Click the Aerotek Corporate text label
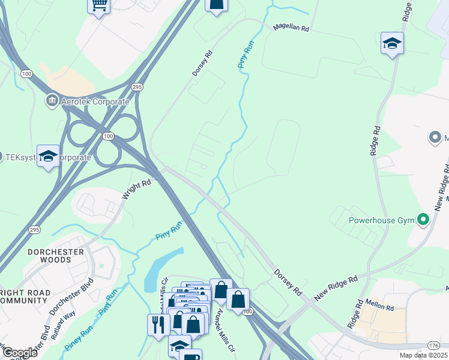(x=95, y=101)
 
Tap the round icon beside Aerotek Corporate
(x=52, y=101)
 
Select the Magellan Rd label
(x=291, y=28)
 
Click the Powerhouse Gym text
(x=382, y=220)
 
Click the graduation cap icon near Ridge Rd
(x=392, y=43)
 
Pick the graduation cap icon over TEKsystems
(x=48, y=156)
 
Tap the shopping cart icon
(x=98, y=6)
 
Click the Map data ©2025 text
(x=423, y=356)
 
